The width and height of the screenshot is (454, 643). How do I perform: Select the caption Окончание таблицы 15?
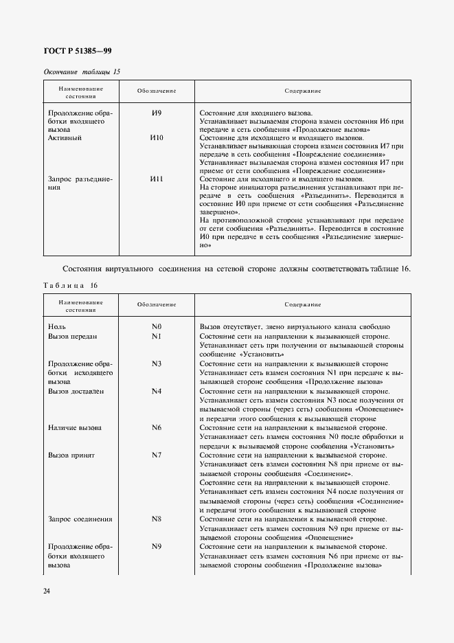click(82, 71)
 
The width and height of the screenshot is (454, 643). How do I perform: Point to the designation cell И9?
click(157, 113)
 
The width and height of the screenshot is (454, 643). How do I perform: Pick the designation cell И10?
click(157, 138)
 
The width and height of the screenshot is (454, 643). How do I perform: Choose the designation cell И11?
click(157, 179)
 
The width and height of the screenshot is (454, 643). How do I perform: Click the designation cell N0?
click(157, 327)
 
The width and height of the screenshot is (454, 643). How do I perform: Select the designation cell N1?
click(157, 337)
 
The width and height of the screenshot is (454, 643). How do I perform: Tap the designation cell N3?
click(157, 363)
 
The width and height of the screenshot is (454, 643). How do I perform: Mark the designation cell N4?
click(157, 391)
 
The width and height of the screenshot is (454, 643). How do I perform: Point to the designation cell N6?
click(157, 427)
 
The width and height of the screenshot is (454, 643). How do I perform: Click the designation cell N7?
click(157, 455)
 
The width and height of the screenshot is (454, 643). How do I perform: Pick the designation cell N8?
click(157, 519)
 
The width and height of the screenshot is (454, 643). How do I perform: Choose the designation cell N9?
click(157, 547)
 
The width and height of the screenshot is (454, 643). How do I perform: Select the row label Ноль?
click(57, 327)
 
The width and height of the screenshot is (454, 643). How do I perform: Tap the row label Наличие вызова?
click(75, 427)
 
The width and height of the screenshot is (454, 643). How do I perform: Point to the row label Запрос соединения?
click(80, 519)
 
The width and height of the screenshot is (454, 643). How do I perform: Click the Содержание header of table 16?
click(303, 304)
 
